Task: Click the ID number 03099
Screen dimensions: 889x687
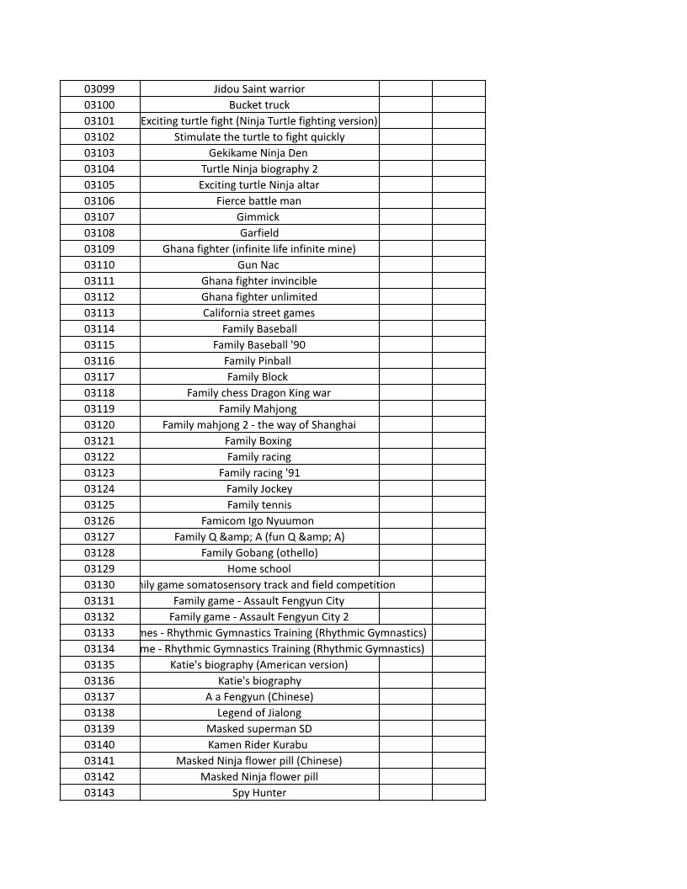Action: pos(99,88)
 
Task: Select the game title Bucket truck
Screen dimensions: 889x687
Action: pos(259,104)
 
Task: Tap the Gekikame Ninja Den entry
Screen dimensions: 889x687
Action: pos(259,152)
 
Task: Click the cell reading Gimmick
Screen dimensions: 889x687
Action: pos(259,216)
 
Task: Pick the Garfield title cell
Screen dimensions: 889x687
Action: pos(259,232)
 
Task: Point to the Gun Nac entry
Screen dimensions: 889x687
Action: pos(259,264)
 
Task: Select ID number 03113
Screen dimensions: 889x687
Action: pos(99,312)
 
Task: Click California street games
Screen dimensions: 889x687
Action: pos(259,312)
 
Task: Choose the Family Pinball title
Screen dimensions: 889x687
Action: pos(259,360)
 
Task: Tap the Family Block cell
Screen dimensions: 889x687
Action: pos(259,376)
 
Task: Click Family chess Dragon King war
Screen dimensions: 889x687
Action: pos(259,392)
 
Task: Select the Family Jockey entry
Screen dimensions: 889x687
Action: pos(259,488)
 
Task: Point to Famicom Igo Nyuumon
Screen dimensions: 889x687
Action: pos(259,520)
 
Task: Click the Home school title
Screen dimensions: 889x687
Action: pos(259,568)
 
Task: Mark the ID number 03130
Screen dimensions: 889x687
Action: pos(99,584)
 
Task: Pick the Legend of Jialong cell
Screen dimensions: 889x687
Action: pos(259,712)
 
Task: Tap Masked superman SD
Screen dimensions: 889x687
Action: pos(259,728)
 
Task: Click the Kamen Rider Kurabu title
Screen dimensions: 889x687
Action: pos(259,744)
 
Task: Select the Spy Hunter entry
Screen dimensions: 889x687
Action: pos(259,792)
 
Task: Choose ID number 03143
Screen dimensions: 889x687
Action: pos(99,792)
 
